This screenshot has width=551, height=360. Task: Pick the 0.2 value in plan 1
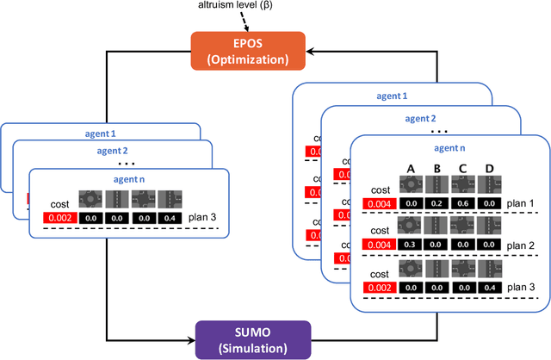(436, 204)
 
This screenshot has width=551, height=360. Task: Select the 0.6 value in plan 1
(462, 204)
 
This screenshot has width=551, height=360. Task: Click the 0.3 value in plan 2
(411, 245)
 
